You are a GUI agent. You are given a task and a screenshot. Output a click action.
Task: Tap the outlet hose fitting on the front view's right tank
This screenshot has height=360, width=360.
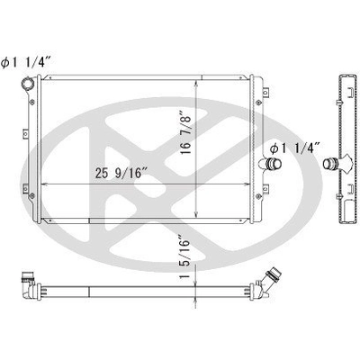271,165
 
